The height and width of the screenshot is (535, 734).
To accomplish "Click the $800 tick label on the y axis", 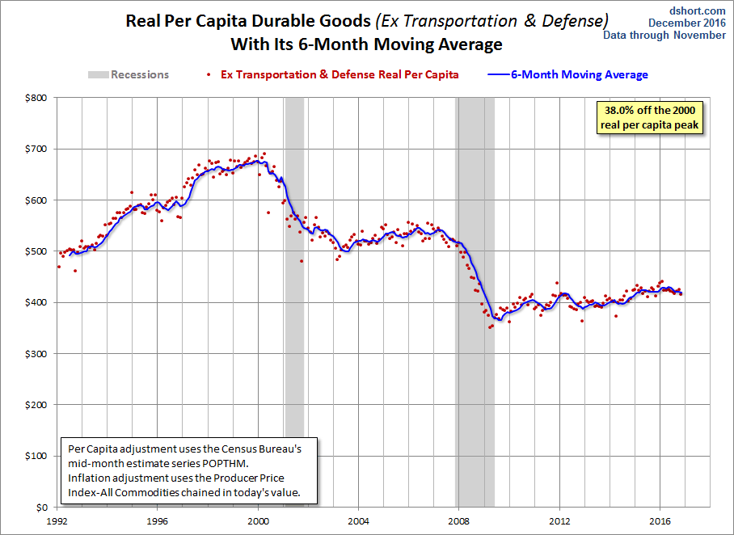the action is tap(36, 98).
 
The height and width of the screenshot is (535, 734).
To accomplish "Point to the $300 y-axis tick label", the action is tap(36, 354).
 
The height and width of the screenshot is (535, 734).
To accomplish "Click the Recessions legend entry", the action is tap(129, 74).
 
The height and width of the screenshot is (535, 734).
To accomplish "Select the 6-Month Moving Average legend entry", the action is tap(567, 74).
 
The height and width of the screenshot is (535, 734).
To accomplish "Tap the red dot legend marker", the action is tap(209, 74).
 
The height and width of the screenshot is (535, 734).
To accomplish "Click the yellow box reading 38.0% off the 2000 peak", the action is tap(650, 118).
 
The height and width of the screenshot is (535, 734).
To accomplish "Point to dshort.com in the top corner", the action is tap(697, 11).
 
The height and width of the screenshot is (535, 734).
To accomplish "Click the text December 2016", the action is tap(687, 23).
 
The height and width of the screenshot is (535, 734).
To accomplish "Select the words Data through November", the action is tap(664, 35).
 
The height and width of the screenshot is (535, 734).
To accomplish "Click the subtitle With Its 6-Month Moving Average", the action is tap(366, 44).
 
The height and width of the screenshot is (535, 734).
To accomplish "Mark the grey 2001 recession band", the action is tap(294, 302).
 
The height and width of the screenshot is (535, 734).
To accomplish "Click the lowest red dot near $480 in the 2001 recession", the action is tap(302, 261).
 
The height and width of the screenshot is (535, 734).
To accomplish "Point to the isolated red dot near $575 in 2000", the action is tap(268, 213).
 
